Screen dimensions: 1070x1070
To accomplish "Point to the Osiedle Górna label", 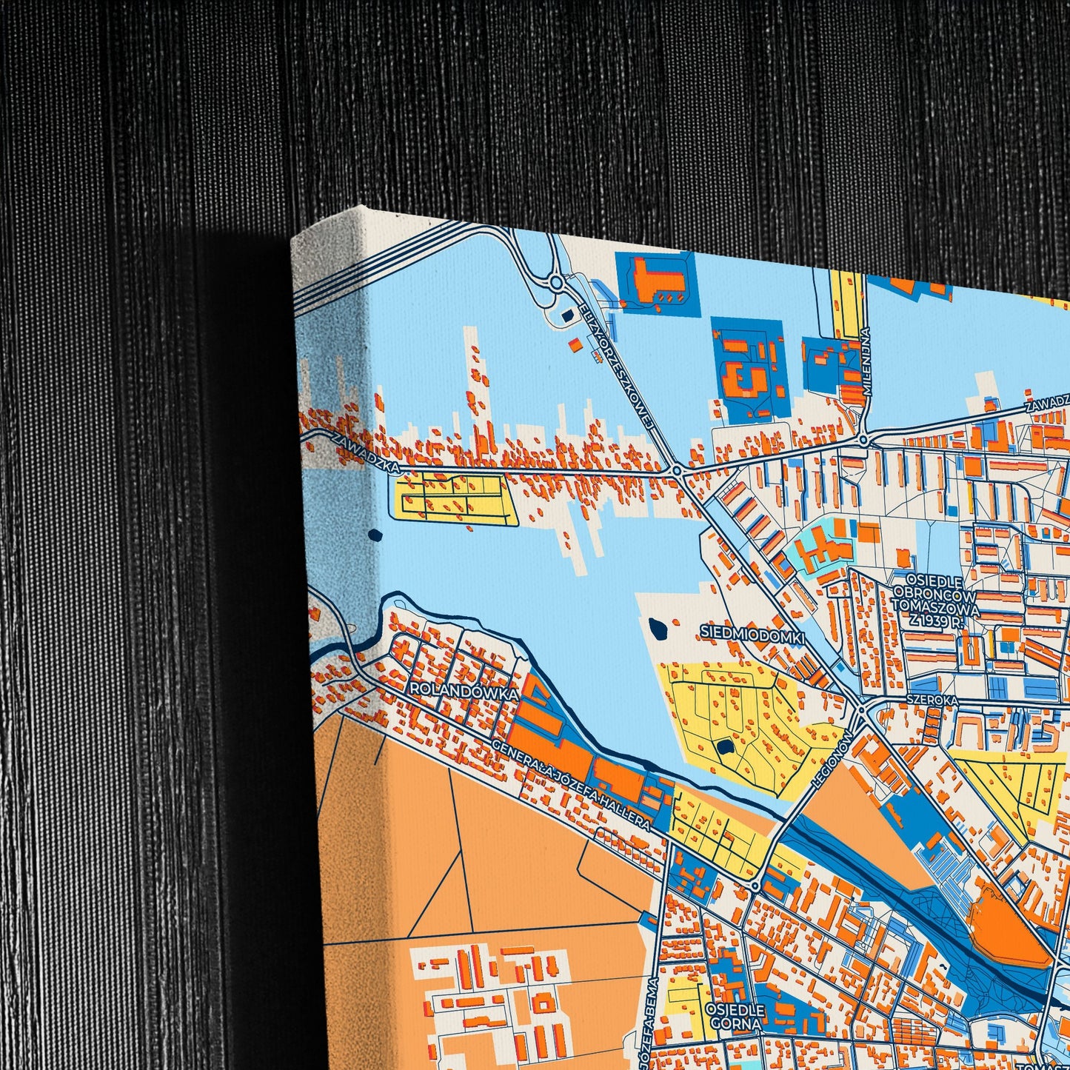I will click(x=734, y=1017).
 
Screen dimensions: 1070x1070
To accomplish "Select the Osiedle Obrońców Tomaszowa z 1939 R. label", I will click(x=936, y=601).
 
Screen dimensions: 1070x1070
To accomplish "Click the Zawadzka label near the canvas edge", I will click(x=367, y=451).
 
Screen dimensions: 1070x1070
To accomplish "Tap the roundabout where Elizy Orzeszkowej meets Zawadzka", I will click(x=677, y=471).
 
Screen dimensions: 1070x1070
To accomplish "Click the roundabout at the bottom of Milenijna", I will click(x=863, y=440).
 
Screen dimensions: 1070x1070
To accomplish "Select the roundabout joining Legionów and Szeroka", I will click(x=861, y=712).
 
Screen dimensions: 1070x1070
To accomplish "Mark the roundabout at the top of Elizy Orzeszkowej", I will click(x=555, y=282).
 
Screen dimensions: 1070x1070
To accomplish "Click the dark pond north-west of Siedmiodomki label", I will click(x=658, y=628).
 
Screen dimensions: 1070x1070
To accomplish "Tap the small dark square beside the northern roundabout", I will click(x=566, y=316).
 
